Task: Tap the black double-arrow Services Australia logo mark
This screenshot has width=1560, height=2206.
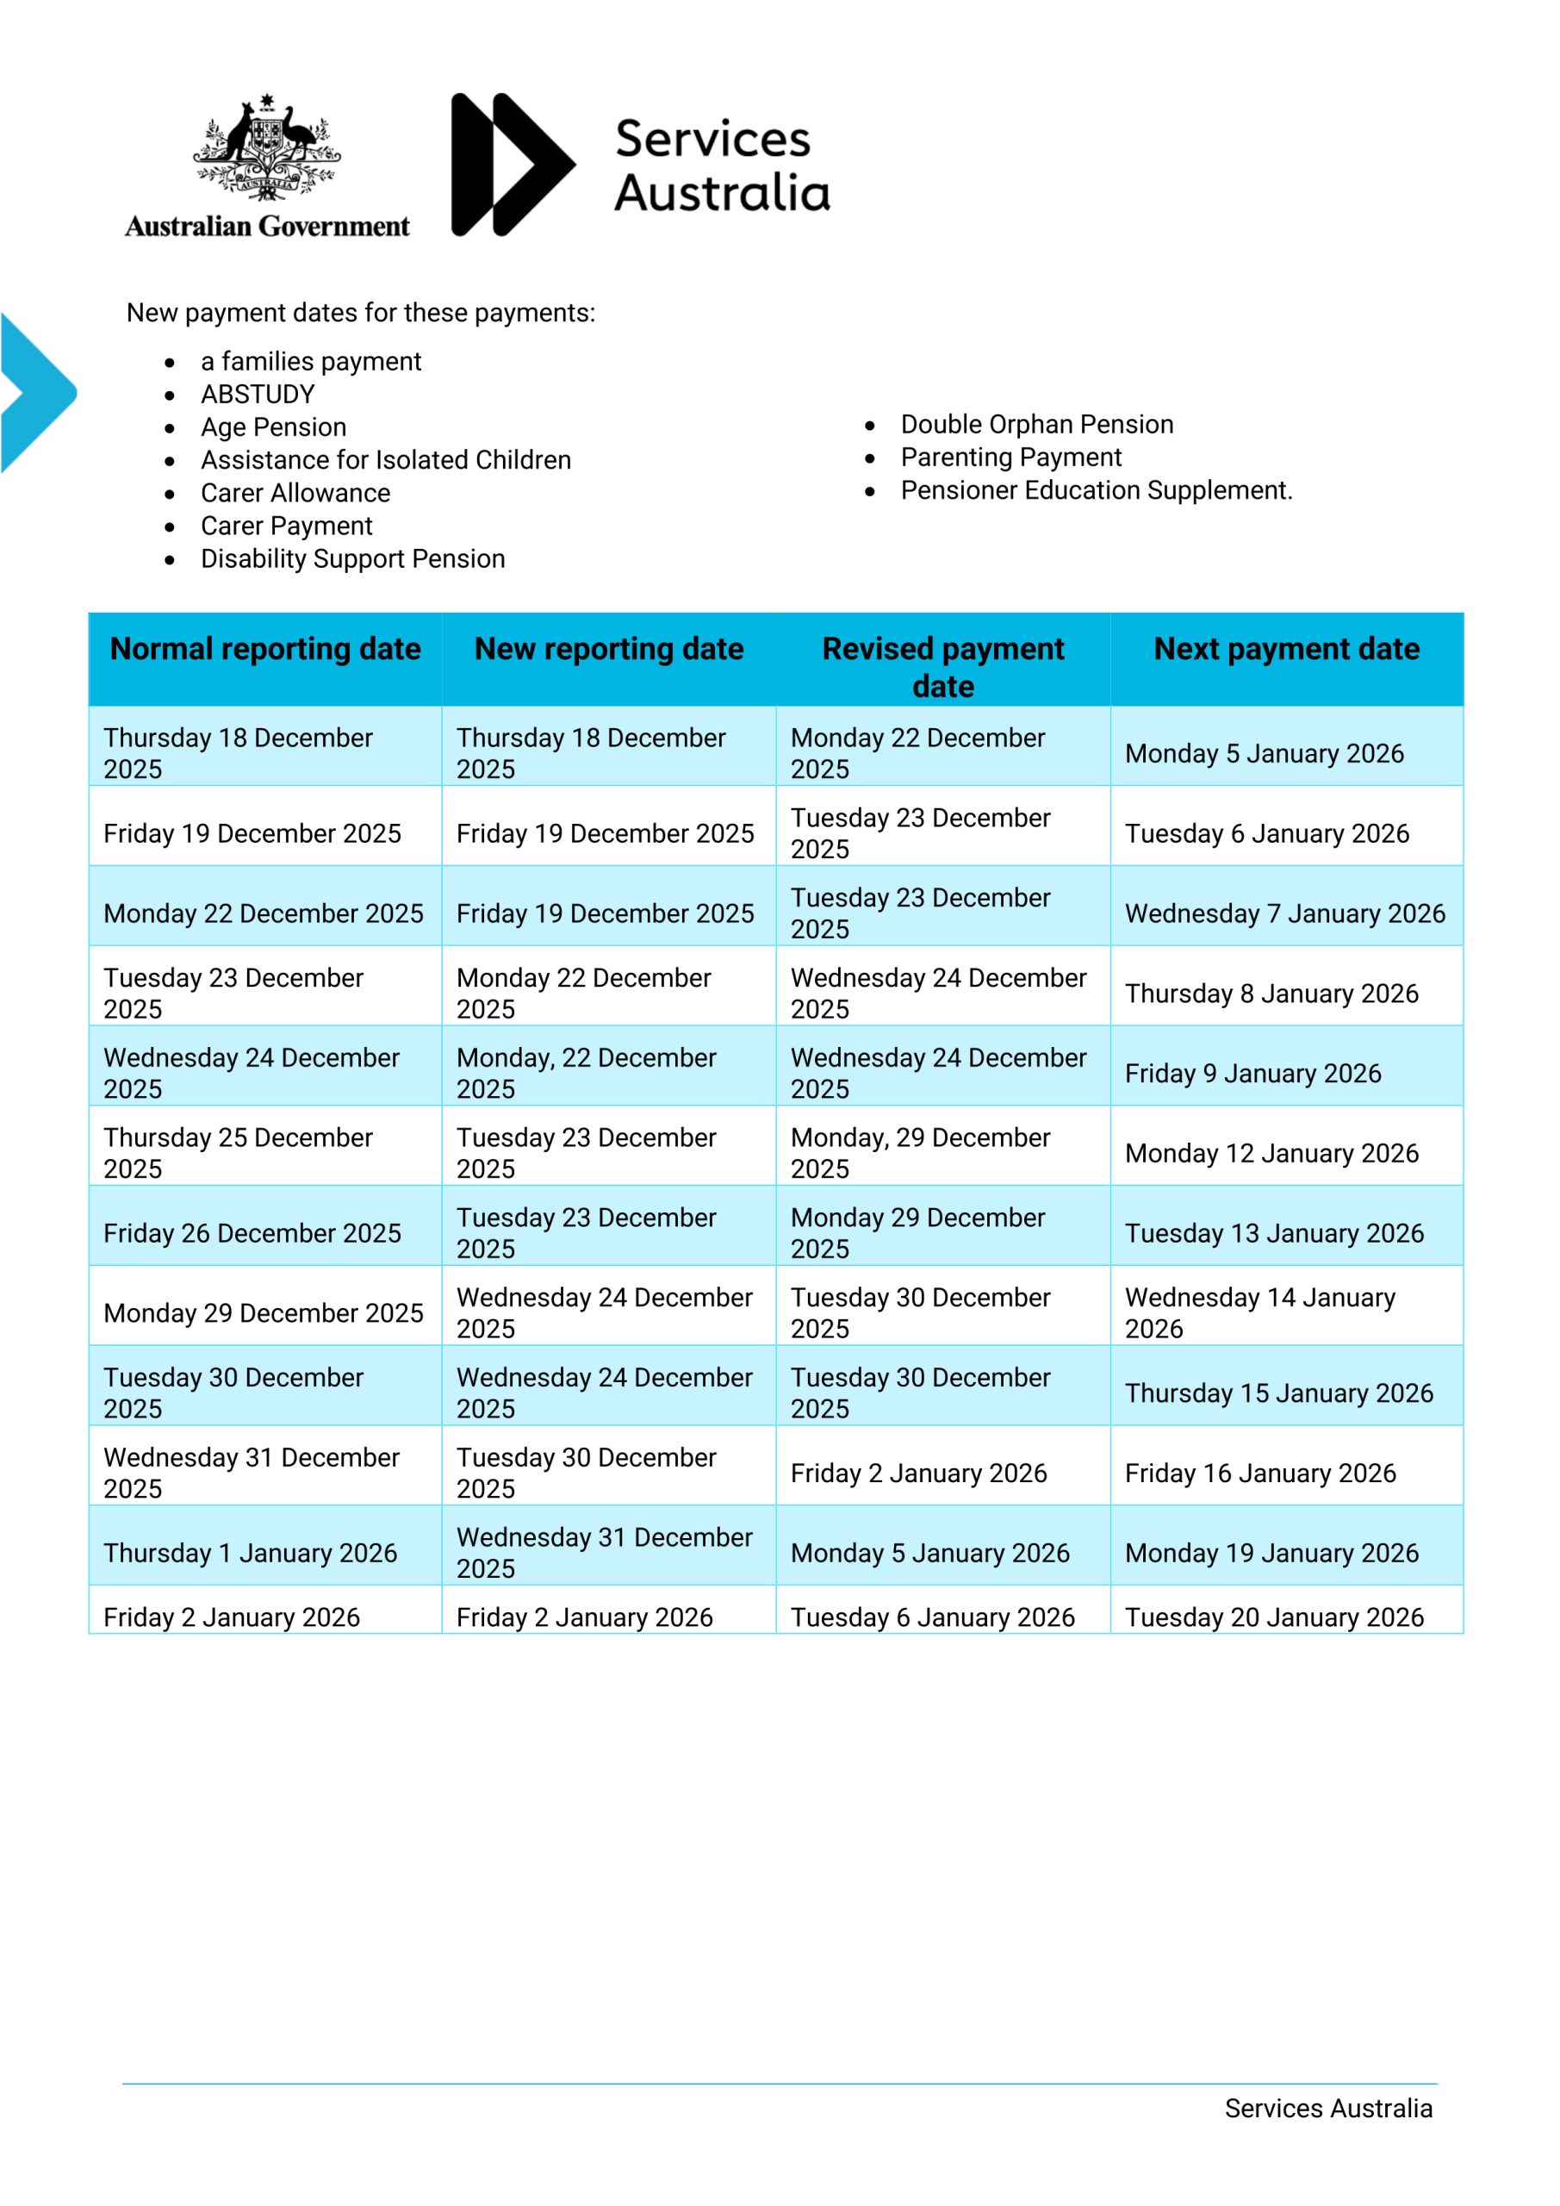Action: [511, 165]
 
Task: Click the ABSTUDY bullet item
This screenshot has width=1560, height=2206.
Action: [258, 394]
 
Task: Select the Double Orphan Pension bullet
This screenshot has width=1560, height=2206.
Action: [1036, 424]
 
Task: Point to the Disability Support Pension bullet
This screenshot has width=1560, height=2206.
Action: [352, 558]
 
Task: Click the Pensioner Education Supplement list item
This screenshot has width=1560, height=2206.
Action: [1096, 490]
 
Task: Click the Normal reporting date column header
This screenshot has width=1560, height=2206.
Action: [265, 650]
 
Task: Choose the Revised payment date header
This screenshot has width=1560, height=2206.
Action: [942, 667]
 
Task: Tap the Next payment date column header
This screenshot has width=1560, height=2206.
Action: [1286, 650]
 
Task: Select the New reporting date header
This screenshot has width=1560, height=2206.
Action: [609, 650]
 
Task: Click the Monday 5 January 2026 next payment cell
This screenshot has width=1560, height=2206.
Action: [1265, 753]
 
